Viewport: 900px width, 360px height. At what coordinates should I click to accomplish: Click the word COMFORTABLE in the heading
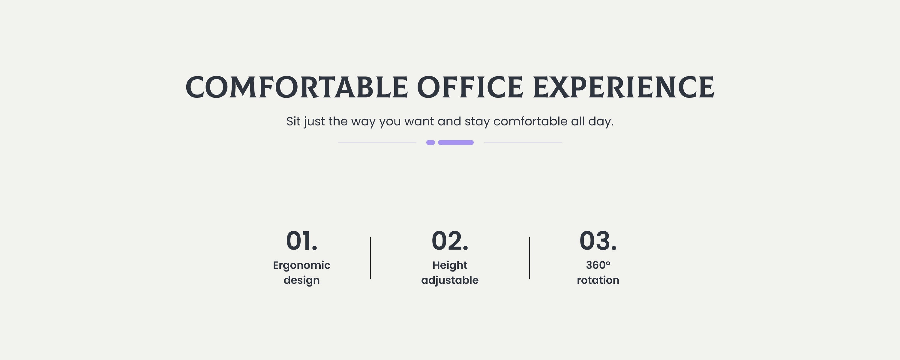(x=297, y=87)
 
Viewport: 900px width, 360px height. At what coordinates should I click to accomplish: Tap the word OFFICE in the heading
(x=470, y=87)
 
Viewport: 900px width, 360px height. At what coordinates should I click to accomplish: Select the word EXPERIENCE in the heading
(x=624, y=87)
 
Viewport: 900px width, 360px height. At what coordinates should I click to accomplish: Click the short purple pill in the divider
(x=430, y=142)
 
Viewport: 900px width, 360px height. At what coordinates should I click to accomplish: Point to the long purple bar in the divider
(x=456, y=142)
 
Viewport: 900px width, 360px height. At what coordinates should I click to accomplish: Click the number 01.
(x=301, y=241)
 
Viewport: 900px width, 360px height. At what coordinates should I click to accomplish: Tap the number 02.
(x=450, y=241)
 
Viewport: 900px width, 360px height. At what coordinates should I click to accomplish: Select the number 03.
(x=598, y=241)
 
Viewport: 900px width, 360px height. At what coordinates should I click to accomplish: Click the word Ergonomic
(x=301, y=265)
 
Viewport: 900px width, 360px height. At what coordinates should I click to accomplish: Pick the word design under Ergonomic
(x=301, y=280)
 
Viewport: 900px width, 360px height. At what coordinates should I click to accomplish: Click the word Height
(x=450, y=265)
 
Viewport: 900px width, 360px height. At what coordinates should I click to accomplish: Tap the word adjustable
(x=450, y=280)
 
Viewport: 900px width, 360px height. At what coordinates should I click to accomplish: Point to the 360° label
(x=598, y=265)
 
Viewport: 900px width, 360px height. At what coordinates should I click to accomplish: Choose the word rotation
(x=598, y=280)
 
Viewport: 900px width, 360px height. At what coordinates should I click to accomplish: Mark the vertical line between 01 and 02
(x=370, y=258)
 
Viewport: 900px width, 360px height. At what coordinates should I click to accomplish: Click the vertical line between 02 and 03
(x=530, y=258)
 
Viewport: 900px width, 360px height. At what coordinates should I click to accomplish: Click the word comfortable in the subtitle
(x=530, y=121)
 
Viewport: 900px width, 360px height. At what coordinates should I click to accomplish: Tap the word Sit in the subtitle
(x=293, y=121)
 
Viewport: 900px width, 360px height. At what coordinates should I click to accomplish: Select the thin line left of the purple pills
(x=377, y=142)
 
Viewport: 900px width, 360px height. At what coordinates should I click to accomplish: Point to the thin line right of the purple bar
(x=523, y=142)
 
